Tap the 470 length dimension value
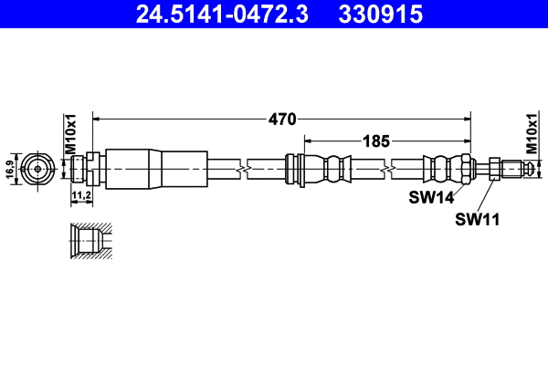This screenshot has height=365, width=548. [281, 118]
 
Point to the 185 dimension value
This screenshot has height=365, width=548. [377, 141]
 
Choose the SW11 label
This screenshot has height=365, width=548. [476, 218]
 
